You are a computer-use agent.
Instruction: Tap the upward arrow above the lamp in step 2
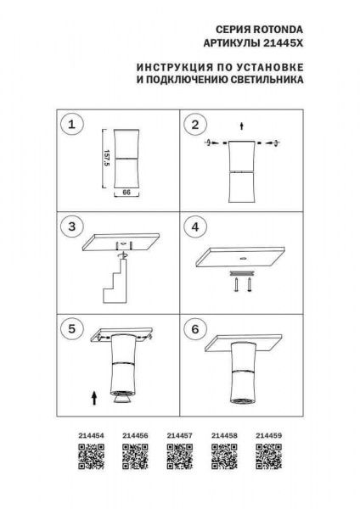coord(243,126)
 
